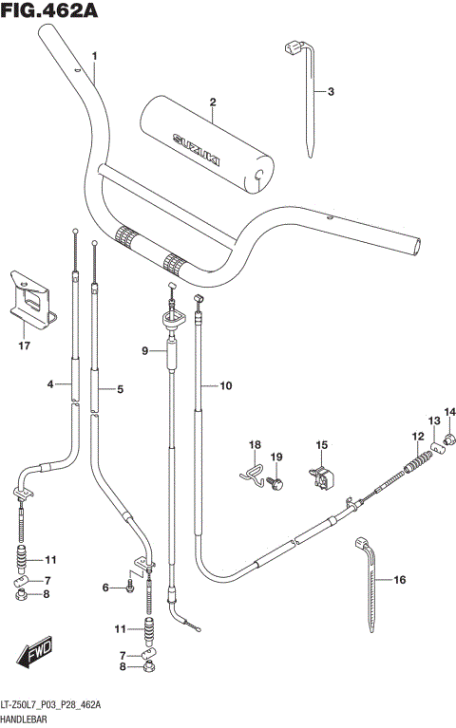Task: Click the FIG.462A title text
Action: pos(48,10)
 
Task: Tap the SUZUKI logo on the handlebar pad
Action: pos(196,149)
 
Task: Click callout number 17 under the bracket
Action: pos(24,345)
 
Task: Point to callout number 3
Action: pos(331,91)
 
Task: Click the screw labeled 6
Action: pos(130,588)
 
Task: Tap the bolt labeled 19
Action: pos(275,483)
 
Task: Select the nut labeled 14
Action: pos(449,439)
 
